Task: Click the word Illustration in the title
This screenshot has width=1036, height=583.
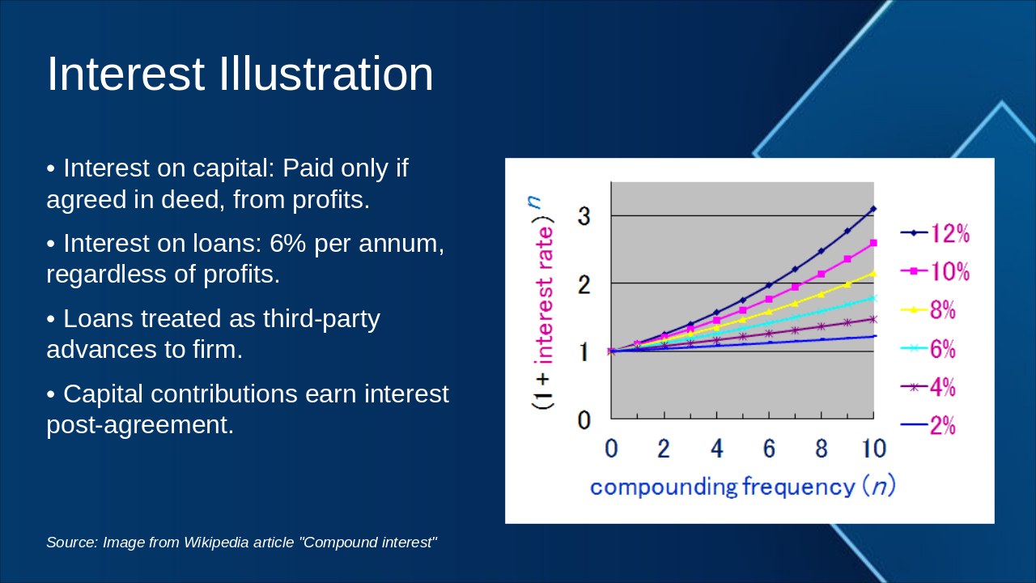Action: (x=326, y=74)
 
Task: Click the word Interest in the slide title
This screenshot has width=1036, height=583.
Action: (x=125, y=74)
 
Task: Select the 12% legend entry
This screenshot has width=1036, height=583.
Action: (x=936, y=233)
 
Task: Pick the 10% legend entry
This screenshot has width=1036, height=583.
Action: (x=936, y=271)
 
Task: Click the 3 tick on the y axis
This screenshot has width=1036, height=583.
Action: (x=584, y=216)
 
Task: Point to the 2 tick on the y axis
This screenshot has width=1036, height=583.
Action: (x=584, y=284)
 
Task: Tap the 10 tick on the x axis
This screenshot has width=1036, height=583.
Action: (x=873, y=449)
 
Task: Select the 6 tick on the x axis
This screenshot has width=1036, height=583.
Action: (x=769, y=449)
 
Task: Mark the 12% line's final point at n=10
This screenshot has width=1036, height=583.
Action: (x=873, y=209)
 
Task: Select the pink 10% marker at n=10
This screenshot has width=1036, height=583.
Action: (x=873, y=243)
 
